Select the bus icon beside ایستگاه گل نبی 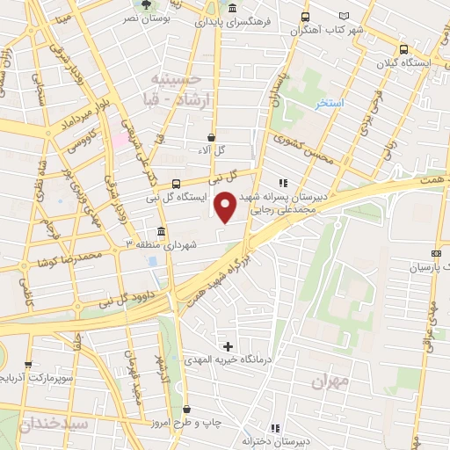(x=177, y=184)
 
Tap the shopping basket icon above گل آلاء (x=212, y=137)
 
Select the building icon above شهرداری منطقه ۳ (x=160, y=230)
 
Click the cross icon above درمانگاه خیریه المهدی (x=229, y=346)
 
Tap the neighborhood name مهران (x=330, y=382)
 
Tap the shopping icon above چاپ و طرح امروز (x=187, y=409)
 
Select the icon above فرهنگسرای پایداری (x=231, y=9)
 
